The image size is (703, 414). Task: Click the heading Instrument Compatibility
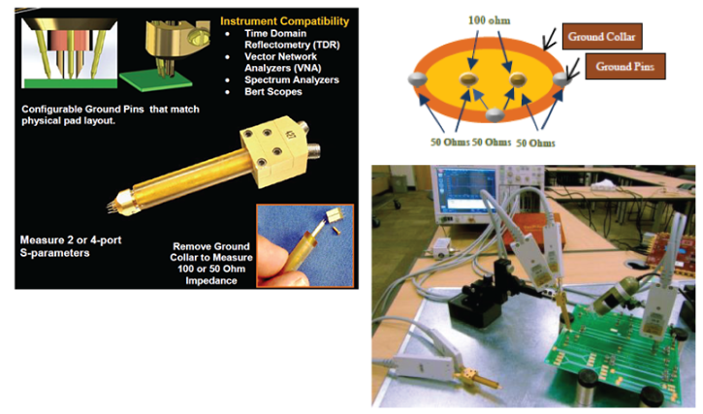(284, 21)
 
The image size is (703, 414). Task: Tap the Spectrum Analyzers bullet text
(292, 80)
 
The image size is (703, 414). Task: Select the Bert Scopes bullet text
(273, 91)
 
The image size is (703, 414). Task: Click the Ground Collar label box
(602, 36)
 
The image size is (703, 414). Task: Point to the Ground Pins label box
(625, 66)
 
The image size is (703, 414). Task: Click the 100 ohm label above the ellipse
(489, 20)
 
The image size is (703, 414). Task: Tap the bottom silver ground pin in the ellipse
(494, 114)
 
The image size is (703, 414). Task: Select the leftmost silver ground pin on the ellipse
(417, 80)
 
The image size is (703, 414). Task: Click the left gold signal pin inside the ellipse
(469, 79)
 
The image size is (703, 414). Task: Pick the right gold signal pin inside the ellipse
(518, 80)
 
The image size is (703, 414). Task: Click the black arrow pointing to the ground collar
(550, 39)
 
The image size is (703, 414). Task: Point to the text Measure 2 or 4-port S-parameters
(71, 246)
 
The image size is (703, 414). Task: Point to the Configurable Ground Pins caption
(111, 114)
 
